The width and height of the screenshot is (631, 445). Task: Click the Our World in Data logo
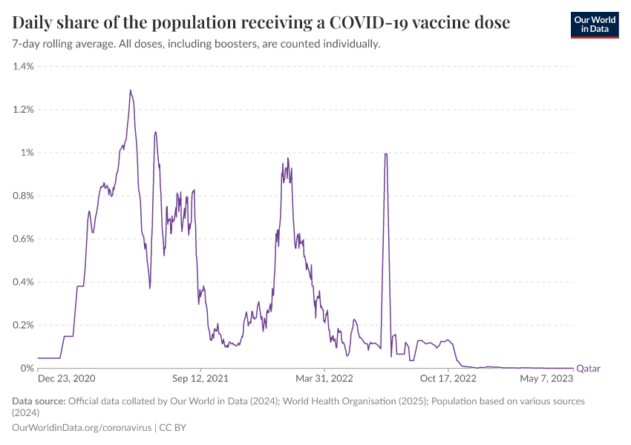[594, 24]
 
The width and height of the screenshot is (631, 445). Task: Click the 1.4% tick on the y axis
[23, 67]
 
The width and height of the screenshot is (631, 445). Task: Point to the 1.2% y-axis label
[23, 110]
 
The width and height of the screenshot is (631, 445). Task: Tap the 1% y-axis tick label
[27, 153]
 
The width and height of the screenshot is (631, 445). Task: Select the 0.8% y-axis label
[23, 196]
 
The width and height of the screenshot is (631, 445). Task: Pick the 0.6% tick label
[23, 239]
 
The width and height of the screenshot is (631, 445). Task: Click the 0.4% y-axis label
[23, 282]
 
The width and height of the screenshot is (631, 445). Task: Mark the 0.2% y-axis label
[23, 325]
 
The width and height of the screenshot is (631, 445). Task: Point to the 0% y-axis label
[27, 368]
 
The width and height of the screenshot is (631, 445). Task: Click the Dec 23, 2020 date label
[67, 379]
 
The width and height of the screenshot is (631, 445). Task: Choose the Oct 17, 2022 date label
[448, 379]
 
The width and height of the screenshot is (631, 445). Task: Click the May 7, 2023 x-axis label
[546, 379]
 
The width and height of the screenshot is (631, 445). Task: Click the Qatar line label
[588, 368]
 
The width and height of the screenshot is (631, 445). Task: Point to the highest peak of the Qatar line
[131, 90]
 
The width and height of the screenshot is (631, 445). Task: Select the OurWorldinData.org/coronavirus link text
[82, 428]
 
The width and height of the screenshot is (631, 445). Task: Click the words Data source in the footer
[39, 401]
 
